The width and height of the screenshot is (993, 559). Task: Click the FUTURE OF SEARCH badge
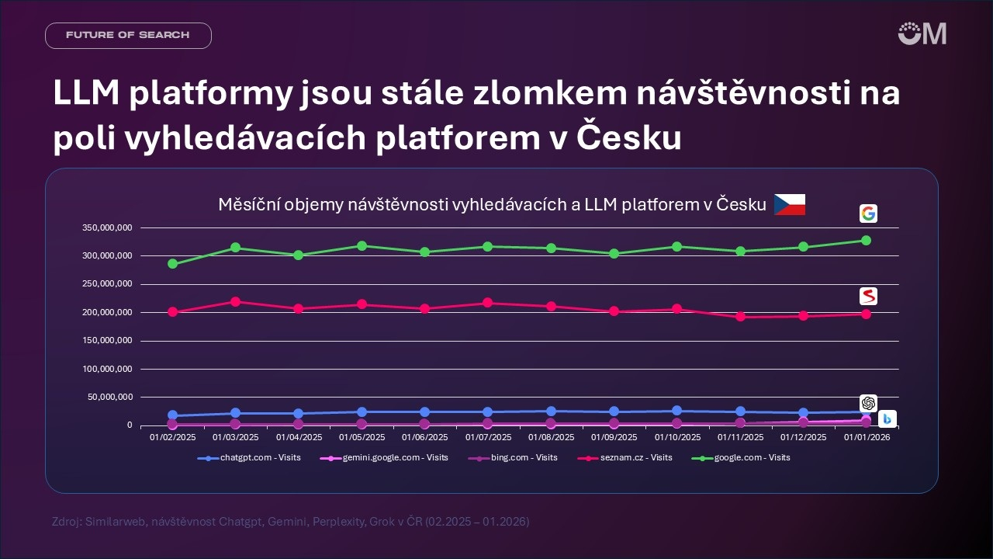128,36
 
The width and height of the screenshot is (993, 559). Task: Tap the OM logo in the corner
922,33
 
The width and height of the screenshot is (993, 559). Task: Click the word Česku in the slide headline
629,138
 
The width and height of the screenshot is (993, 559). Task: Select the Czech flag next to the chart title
790,205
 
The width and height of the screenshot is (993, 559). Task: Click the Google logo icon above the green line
868,214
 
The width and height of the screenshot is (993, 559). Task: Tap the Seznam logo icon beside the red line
868,296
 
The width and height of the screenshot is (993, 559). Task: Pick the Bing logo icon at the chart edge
887,419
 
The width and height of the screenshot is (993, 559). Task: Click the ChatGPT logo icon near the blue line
868,403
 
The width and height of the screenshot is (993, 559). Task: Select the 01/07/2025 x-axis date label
487,437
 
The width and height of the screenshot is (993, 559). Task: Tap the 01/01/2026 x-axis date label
866,437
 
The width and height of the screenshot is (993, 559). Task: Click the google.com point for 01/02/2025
172,264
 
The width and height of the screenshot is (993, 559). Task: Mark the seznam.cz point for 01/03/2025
235,301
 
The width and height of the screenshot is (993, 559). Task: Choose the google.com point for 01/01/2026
866,240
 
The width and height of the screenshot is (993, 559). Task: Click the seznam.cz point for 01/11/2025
740,317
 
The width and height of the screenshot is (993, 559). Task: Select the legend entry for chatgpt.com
249,458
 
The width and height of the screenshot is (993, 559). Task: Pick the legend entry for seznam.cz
625,458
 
